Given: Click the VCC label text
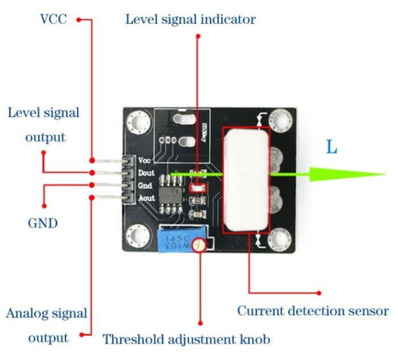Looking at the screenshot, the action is pyautogui.click(x=53, y=19).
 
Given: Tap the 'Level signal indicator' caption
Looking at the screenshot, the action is pyautogui.click(x=191, y=20).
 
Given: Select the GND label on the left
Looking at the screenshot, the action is pyautogui.click(x=43, y=224).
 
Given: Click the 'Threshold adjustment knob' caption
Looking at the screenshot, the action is pyautogui.click(x=186, y=339).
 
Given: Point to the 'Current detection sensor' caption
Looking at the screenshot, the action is pyautogui.click(x=313, y=311).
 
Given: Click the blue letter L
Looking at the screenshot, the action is pyautogui.click(x=331, y=147).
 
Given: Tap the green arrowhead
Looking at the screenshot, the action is pyautogui.click(x=348, y=174).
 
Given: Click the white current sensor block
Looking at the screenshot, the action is pyautogui.click(x=245, y=179).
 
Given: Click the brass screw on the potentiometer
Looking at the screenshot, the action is pyautogui.click(x=199, y=245).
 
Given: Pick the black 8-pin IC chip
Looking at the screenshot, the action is pyautogui.click(x=171, y=194).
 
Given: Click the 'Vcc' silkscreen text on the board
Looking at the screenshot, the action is pyautogui.click(x=144, y=160).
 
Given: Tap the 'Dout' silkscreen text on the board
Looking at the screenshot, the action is pyautogui.click(x=146, y=173).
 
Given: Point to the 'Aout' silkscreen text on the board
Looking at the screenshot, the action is pyautogui.click(x=146, y=198).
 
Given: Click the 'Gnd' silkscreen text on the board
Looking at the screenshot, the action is pyautogui.click(x=145, y=186).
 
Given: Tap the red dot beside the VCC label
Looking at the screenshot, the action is pyautogui.click(x=79, y=20).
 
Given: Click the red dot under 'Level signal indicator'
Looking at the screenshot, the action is pyautogui.click(x=198, y=37).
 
